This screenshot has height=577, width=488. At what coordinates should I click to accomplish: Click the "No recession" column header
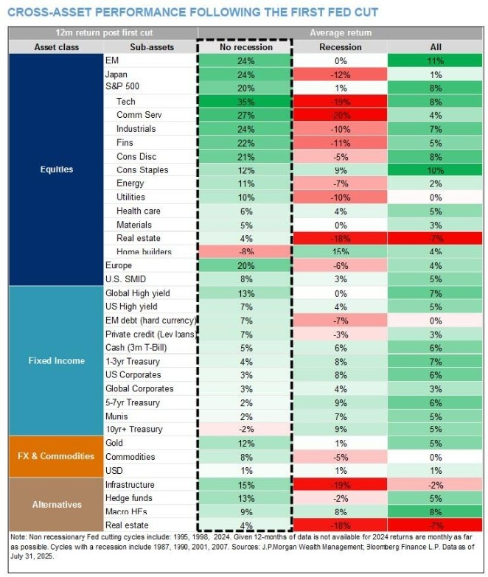(x=245, y=47)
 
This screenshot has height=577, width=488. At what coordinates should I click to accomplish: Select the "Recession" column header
(x=340, y=47)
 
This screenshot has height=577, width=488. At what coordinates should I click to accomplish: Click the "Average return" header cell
(x=340, y=33)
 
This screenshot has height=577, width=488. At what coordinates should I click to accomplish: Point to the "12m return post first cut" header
(x=102, y=33)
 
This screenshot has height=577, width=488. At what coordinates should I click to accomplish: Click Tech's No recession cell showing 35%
(x=245, y=102)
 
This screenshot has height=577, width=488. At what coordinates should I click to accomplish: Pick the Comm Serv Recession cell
(x=340, y=115)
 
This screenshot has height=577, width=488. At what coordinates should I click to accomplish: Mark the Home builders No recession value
(x=245, y=251)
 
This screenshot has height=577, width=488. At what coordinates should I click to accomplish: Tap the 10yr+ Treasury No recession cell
(x=245, y=429)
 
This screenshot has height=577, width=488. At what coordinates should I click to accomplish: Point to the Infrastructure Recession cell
(x=340, y=484)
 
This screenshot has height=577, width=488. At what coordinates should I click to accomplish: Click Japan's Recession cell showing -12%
(x=340, y=74)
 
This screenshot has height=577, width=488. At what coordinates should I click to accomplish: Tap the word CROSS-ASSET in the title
(x=47, y=13)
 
